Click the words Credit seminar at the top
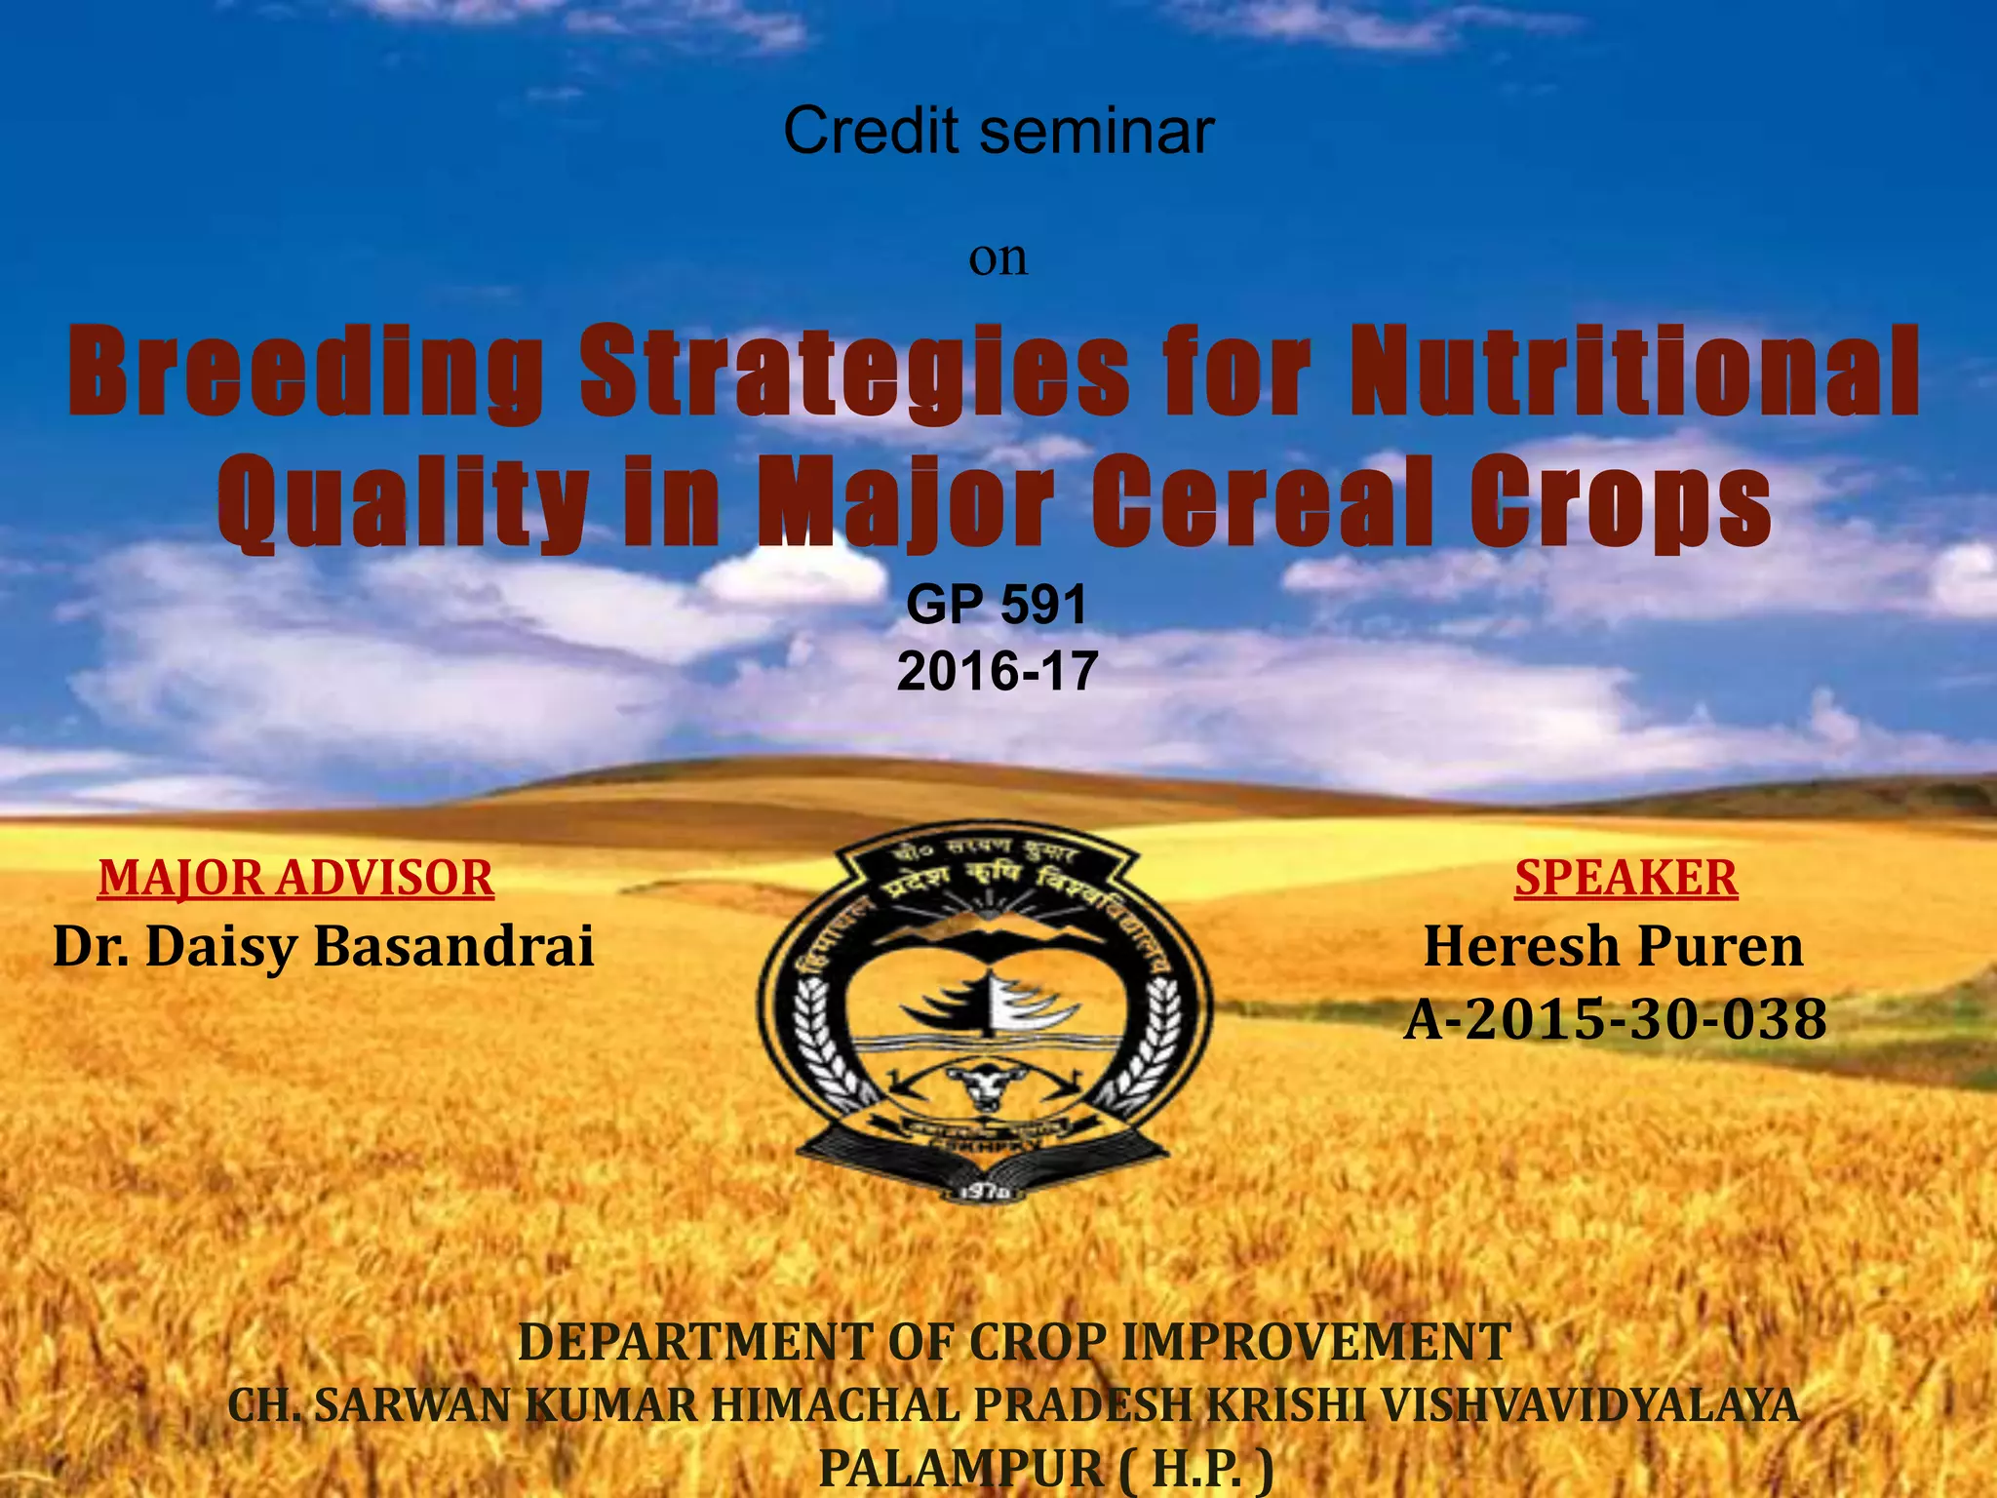coord(998,132)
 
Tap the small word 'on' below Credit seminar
coord(998,258)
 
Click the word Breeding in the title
coord(305,374)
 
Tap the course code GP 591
coord(997,606)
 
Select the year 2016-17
coord(997,672)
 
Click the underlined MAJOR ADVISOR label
coord(296,878)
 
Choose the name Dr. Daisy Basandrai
coord(323,947)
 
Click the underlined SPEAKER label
coord(1625,878)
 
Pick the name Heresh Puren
coord(1614,947)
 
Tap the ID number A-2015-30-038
coord(1615,1020)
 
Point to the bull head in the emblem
coord(984,1084)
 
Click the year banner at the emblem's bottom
coord(984,1191)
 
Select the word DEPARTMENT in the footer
coord(694,1342)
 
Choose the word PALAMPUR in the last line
coord(960,1469)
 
